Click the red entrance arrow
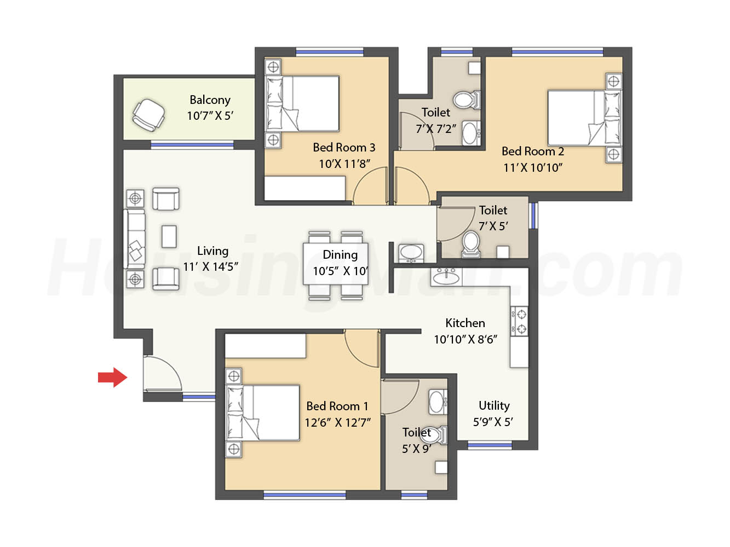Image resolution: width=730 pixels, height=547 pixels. coord(112,377)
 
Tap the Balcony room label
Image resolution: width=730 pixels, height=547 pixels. coord(210,100)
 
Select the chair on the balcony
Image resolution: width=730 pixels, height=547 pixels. coord(148,115)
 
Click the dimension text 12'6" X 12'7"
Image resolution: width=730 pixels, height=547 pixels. coord(337,423)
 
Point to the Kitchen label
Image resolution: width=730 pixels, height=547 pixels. coord(465,323)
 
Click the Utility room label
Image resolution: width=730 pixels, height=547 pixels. coord(494,405)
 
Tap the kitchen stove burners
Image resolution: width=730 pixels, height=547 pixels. coord(519,321)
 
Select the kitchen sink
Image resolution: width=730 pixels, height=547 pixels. coord(446,277)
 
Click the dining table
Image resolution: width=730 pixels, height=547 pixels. coord(336,264)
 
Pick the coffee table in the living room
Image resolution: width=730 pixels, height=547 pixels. coord(169,236)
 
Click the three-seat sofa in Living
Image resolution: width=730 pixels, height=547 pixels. coord(135,239)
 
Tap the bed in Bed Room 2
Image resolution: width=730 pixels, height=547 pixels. coord(584,118)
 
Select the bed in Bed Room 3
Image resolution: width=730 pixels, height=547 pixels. coord(302,103)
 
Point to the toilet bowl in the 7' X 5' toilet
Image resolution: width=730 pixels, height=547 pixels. coord(470,245)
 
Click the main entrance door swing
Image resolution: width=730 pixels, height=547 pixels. coord(163,373)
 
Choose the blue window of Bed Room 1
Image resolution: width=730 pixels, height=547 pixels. coord(304,495)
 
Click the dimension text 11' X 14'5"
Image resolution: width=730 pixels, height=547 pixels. coord(210,267)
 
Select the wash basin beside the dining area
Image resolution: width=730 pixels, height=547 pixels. coord(411,253)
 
